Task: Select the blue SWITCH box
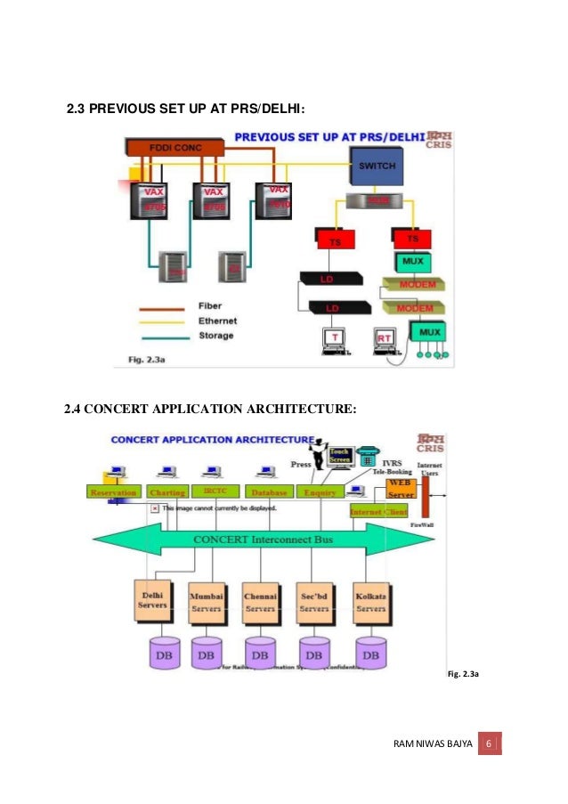377,166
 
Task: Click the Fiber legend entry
210,305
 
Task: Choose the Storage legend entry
216,336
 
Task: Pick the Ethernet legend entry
217,321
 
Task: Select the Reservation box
114,492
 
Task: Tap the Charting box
168,492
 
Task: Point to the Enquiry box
320,492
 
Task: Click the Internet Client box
378,512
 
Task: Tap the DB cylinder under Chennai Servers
260,653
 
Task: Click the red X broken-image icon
154,508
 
